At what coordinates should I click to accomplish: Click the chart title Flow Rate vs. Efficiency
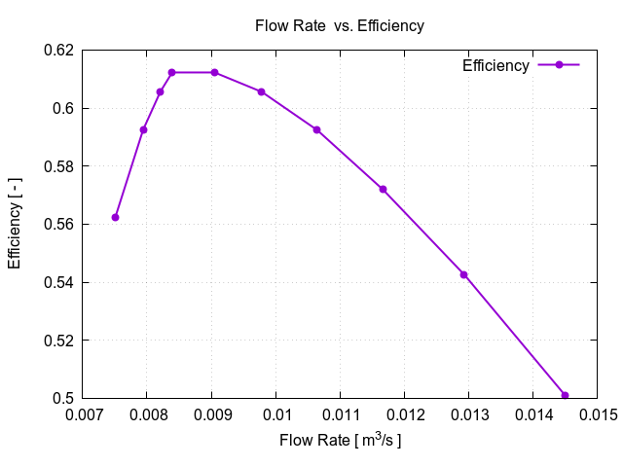(x=339, y=26)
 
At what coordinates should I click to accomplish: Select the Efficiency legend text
(x=495, y=65)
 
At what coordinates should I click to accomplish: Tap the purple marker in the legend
(x=559, y=65)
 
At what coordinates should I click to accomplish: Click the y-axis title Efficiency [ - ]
(x=16, y=224)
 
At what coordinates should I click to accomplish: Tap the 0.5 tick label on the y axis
(x=64, y=399)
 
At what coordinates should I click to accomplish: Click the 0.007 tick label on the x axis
(x=83, y=416)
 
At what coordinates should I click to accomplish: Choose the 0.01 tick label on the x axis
(x=275, y=416)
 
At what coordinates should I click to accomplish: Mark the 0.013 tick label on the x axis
(x=468, y=416)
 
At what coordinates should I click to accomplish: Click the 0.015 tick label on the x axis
(x=597, y=416)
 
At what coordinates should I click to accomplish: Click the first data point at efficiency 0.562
(x=115, y=217)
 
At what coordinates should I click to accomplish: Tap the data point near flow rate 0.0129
(x=464, y=274)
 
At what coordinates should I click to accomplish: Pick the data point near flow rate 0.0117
(x=383, y=189)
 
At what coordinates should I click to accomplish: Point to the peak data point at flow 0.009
(x=214, y=72)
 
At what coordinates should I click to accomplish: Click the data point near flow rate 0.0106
(x=316, y=129)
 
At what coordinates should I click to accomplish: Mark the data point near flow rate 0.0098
(x=261, y=91)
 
